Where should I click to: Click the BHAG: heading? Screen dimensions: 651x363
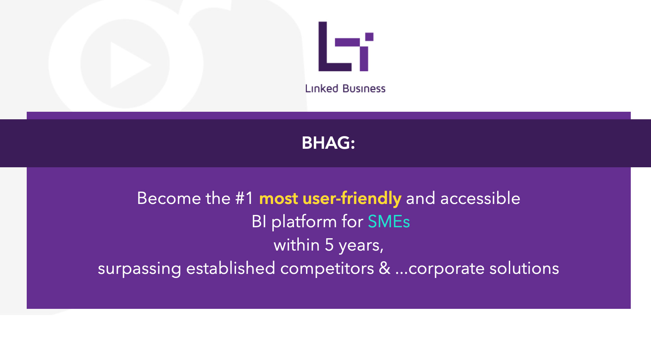328,143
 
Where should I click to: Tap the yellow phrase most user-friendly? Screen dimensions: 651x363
330,198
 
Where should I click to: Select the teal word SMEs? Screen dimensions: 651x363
389,221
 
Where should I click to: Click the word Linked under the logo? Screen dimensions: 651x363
322,88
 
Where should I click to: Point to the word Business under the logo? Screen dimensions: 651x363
364,88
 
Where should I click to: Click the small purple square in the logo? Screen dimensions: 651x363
369,37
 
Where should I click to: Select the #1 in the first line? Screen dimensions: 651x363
244,198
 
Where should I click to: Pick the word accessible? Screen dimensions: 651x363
480,198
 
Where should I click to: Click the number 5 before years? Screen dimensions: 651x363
329,245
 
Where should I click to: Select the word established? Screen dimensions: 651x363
231,268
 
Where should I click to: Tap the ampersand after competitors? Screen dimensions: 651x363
385,268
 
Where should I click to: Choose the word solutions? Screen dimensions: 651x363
524,268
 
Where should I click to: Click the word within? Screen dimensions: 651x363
297,245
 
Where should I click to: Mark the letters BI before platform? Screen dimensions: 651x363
259,221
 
